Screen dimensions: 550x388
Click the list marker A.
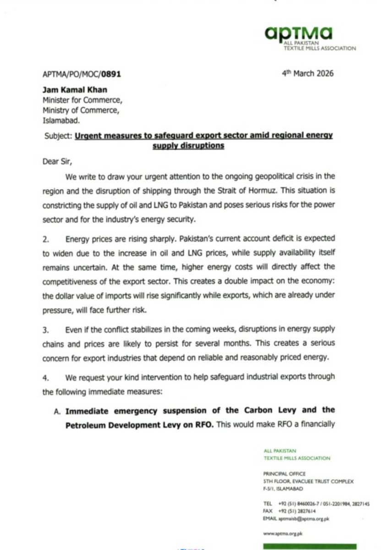58,411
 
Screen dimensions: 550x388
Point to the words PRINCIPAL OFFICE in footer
284,473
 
